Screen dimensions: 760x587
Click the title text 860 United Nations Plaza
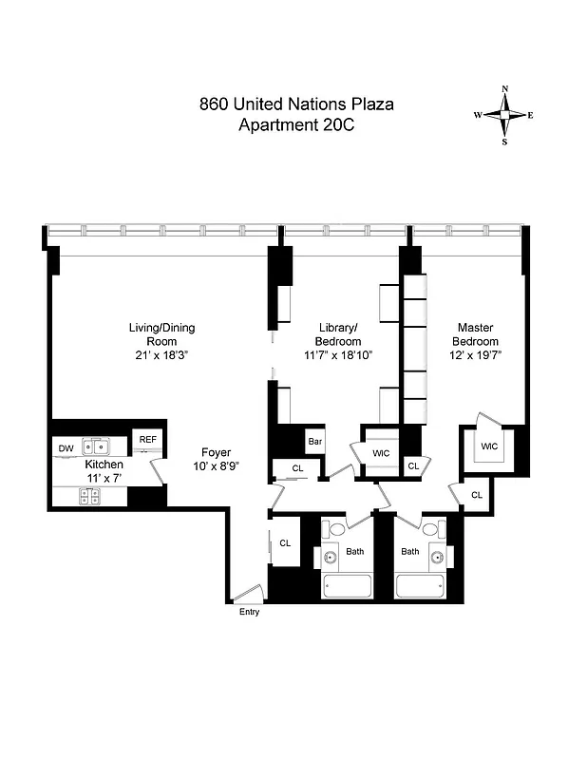295,104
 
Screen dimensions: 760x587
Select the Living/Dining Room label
161,334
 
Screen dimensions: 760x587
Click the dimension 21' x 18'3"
161,355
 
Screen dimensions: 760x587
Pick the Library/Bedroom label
338,334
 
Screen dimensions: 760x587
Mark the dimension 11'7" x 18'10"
338,355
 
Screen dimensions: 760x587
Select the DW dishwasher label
66,448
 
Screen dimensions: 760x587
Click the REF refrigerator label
147,440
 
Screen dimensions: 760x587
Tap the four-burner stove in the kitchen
89,495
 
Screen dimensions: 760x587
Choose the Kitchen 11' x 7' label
104,471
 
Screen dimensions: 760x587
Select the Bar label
315,442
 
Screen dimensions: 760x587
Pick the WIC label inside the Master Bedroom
489,446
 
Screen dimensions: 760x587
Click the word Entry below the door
249,612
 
